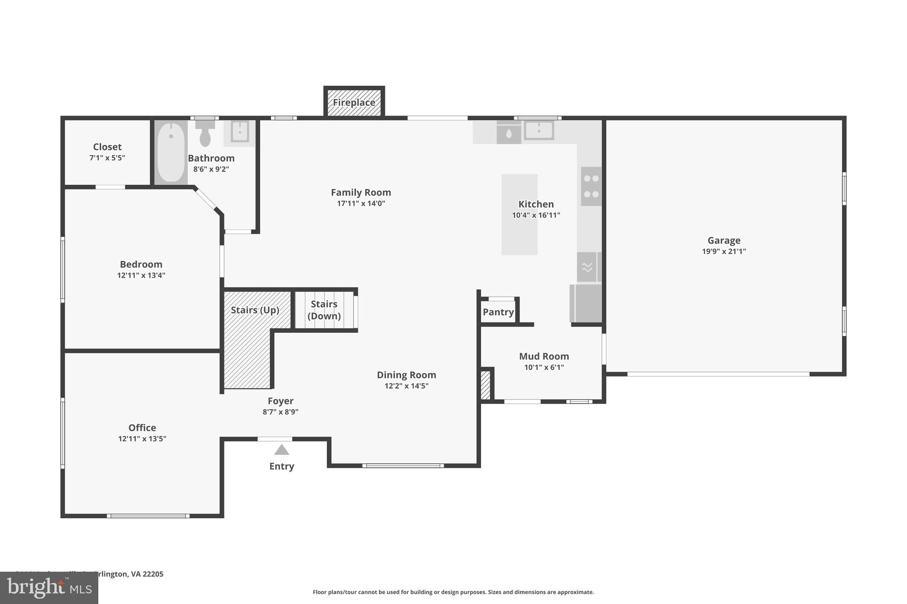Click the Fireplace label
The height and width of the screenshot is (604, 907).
click(x=354, y=103)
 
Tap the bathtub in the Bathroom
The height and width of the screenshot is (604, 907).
click(x=171, y=152)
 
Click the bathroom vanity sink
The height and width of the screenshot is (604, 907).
click(x=240, y=131)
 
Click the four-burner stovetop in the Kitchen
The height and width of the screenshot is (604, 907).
click(x=591, y=186)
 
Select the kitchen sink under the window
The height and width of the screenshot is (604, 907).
click(x=539, y=131)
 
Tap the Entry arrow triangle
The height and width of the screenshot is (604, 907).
click(x=282, y=450)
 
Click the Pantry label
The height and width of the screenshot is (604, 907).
click(x=498, y=312)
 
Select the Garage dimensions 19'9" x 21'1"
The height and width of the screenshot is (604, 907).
click(x=724, y=251)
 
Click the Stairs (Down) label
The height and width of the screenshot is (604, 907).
click(x=324, y=310)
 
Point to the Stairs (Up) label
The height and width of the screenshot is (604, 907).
click(x=255, y=310)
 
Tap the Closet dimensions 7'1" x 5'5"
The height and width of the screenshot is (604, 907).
click(x=107, y=158)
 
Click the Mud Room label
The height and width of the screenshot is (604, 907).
click(x=544, y=356)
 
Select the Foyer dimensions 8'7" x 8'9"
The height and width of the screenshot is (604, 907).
click(x=280, y=412)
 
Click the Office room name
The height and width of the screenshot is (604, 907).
click(x=142, y=427)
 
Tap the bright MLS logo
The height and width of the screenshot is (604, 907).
click(x=49, y=588)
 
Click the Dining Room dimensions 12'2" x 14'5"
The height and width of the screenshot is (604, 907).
click(x=406, y=386)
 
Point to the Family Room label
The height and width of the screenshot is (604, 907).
click(x=361, y=192)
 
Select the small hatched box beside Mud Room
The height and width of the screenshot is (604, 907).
click(x=485, y=385)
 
